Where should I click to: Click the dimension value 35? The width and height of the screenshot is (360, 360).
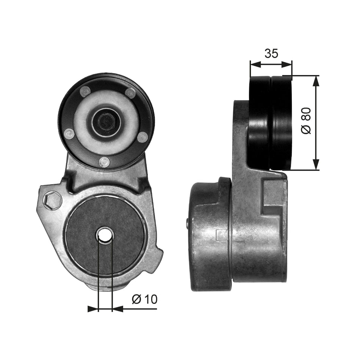click(x=271, y=53)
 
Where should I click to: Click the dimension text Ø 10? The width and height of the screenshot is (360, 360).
click(x=144, y=299)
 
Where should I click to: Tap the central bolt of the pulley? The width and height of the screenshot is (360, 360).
click(x=105, y=121)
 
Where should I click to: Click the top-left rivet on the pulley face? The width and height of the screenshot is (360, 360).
click(x=85, y=91)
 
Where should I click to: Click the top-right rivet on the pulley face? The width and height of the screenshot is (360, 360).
click(x=130, y=92)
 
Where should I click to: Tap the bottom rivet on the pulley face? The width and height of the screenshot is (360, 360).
click(x=104, y=162)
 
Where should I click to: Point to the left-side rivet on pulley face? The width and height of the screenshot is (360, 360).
click(x=69, y=133)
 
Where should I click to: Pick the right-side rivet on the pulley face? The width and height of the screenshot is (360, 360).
click(x=142, y=137)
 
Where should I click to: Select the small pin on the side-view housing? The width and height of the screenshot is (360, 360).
click(x=188, y=224)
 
